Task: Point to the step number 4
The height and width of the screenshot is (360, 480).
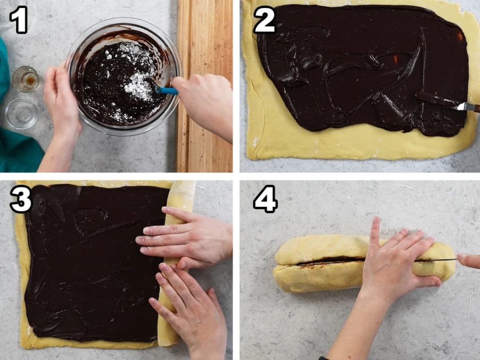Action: (x=265, y=199)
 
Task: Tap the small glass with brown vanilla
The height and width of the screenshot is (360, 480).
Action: (x=26, y=79)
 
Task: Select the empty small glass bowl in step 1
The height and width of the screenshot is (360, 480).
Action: (x=21, y=114)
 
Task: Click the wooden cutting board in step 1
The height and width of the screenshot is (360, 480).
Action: (x=204, y=86)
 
